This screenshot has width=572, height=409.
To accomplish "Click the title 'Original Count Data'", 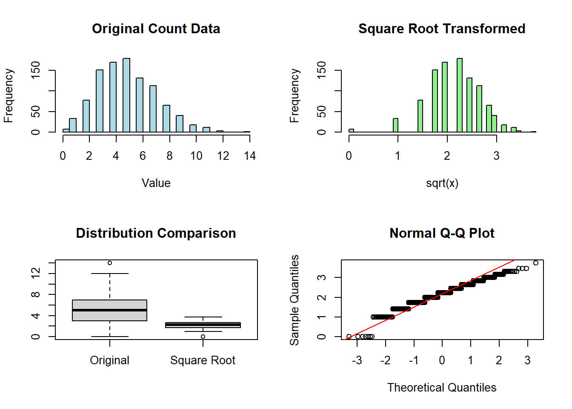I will [x=156, y=29].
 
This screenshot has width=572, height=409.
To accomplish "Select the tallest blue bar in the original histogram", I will [x=126, y=95].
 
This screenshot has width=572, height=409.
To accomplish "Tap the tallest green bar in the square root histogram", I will [x=460, y=95].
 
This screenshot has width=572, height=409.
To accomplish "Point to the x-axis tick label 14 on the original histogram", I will [x=250, y=156].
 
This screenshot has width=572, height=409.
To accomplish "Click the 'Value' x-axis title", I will [x=156, y=183].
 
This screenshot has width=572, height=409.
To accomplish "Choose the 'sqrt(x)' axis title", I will [x=442, y=183].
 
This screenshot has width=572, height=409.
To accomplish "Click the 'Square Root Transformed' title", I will [x=442, y=29].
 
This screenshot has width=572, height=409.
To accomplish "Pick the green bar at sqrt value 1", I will [x=396, y=125].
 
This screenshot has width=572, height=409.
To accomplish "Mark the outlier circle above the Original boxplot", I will [x=110, y=263].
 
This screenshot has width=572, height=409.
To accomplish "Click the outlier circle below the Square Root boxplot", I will [x=203, y=337].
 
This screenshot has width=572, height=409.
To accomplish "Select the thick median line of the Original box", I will [x=110, y=310].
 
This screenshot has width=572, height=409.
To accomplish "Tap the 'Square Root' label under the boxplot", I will [x=203, y=360].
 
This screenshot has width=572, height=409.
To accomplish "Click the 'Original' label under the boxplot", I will [x=110, y=360].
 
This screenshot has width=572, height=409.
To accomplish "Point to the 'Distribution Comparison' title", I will [x=156, y=233].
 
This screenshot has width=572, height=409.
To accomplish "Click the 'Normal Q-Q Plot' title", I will [x=442, y=233].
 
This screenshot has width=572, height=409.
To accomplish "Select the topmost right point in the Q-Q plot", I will [x=536, y=263].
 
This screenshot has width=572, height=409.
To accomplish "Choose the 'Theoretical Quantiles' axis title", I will [x=442, y=388].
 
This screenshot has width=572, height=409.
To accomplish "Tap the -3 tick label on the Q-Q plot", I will [x=357, y=360].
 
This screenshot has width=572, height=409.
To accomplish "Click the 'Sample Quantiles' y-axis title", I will [x=295, y=300].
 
